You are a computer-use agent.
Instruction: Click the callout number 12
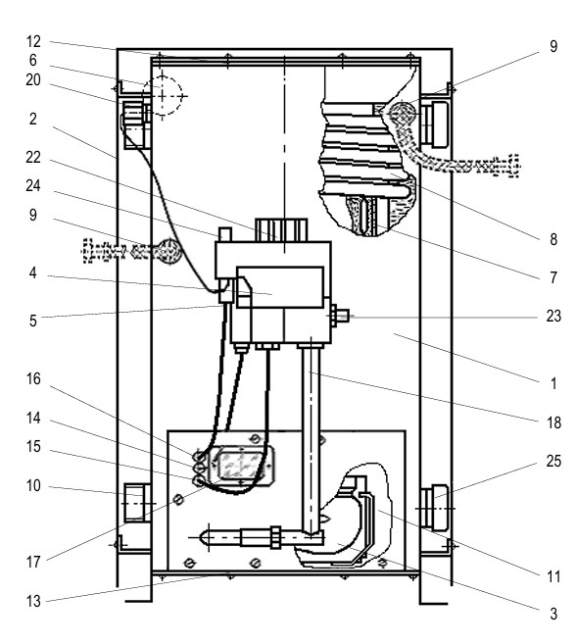pos(33,41)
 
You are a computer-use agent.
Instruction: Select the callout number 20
pos(33,79)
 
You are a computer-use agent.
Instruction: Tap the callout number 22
pos(33,157)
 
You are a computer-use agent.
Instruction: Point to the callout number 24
pos(33,185)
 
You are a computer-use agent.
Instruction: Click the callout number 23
pos(553,316)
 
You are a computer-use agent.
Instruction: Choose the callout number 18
pos(553,422)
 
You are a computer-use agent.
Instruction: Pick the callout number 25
pos(553,462)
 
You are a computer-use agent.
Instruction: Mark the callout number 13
pos(33,601)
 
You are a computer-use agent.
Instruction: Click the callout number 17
pos(33,562)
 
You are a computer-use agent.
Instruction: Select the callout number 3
pos(553,614)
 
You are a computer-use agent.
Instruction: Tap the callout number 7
pos(553,277)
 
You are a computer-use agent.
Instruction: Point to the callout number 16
pos(33,379)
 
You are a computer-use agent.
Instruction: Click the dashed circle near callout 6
pos(163,96)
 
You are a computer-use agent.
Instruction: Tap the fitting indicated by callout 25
pos(435,508)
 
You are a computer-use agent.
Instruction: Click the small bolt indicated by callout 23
pos(339,316)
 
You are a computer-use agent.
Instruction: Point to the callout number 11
pos(553,577)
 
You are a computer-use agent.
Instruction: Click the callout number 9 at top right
pos(553,46)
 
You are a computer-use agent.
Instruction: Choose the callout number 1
pos(553,383)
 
